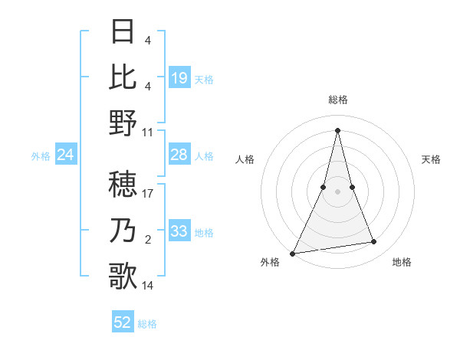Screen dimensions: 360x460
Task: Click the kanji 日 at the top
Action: pos(123,32)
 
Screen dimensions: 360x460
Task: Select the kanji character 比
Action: pos(123,77)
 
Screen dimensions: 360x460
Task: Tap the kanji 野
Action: pos(123,123)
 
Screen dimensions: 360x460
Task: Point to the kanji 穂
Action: pos(123,184)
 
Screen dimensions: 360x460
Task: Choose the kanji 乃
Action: pos(123,230)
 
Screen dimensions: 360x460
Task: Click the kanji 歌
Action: pos(123,276)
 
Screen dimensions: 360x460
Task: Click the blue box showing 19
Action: pos(179,77)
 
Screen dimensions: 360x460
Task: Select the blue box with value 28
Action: pos(179,155)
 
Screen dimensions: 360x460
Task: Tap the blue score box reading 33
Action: pos(179,231)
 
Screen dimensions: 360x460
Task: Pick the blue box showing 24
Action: pos(66,155)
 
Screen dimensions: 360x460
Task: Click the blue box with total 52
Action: pos(123,323)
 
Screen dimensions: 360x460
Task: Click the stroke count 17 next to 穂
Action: pos(148,194)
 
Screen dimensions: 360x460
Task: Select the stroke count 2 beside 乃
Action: pos(147,240)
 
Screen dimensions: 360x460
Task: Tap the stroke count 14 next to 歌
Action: pos(148,286)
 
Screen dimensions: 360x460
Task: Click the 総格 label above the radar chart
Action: pos(338,100)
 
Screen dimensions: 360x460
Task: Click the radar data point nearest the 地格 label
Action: pos(374,242)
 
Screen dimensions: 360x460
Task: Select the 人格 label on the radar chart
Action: pos(245,159)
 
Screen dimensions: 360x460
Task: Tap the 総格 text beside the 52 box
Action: pos(147,324)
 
